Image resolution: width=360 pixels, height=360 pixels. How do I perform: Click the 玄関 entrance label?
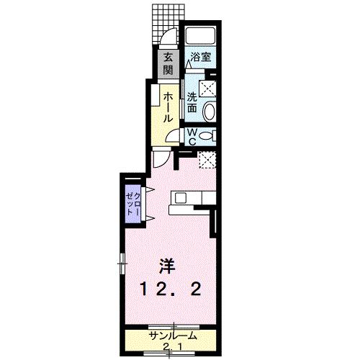tap(168, 64)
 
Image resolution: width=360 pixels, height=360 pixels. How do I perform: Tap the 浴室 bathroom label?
tap(201, 57)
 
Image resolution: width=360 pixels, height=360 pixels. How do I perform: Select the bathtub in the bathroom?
tap(201, 35)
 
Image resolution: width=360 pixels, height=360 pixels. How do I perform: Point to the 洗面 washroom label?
tap(192, 102)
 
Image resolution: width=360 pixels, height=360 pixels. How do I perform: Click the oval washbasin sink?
tap(210, 110)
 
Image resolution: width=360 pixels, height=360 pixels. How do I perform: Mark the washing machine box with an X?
tap(207, 89)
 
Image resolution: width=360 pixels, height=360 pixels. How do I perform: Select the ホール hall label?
tap(168, 107)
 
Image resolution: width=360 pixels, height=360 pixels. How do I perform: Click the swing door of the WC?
tap(174, 136)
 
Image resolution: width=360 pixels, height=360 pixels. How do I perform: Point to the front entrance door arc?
tap(168, 36)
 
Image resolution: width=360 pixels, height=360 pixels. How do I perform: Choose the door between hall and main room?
tap(161, 158)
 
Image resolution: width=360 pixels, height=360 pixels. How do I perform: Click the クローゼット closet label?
tap(133, 204)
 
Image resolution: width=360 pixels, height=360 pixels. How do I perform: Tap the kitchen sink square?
tap(180, 198)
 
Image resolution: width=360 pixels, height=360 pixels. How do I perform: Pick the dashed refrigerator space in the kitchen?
tap(207, 160)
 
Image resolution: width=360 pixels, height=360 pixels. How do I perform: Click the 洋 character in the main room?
tap(168, 266)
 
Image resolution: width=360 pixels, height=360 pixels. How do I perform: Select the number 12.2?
tap(170, 289)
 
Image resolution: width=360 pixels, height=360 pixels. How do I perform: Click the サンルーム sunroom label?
tap(173, 336)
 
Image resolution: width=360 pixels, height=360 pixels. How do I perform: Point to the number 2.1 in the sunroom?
tap(171, 347)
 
